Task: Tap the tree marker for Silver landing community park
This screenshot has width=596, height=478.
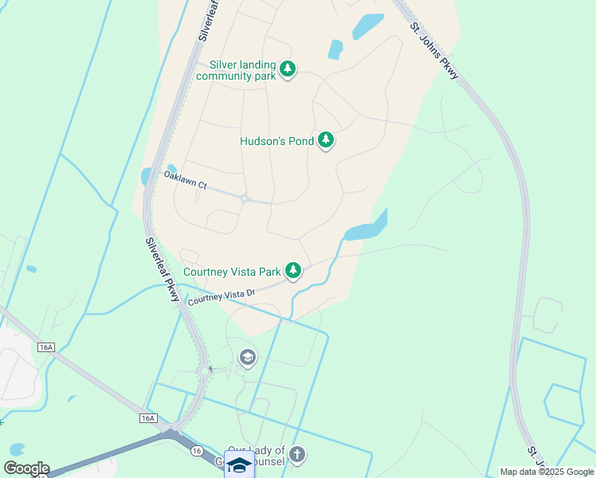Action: [288, 69]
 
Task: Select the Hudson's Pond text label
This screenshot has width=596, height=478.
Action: [276, 141]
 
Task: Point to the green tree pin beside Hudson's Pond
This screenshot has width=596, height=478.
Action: [325, 140]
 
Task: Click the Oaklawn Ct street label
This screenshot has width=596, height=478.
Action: [185, 180]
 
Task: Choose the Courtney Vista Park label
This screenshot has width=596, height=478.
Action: [233, 272]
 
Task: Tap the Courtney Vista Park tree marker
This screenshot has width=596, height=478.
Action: [294, 271]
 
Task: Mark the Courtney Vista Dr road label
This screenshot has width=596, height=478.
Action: [221, 297]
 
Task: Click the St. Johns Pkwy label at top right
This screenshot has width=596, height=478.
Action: [436, 49]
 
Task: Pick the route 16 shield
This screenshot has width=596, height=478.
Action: [196, 451]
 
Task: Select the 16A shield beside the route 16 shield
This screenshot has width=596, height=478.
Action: [147, 418]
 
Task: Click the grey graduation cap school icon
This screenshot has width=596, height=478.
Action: [248, 358]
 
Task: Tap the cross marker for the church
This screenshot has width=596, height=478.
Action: [297, 455]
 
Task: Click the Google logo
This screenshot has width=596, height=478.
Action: [26, 468]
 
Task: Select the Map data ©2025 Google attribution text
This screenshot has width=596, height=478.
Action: [547, 472]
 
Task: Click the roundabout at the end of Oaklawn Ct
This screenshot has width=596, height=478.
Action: [245, 198]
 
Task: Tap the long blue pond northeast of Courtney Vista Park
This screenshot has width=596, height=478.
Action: [367, 229]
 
